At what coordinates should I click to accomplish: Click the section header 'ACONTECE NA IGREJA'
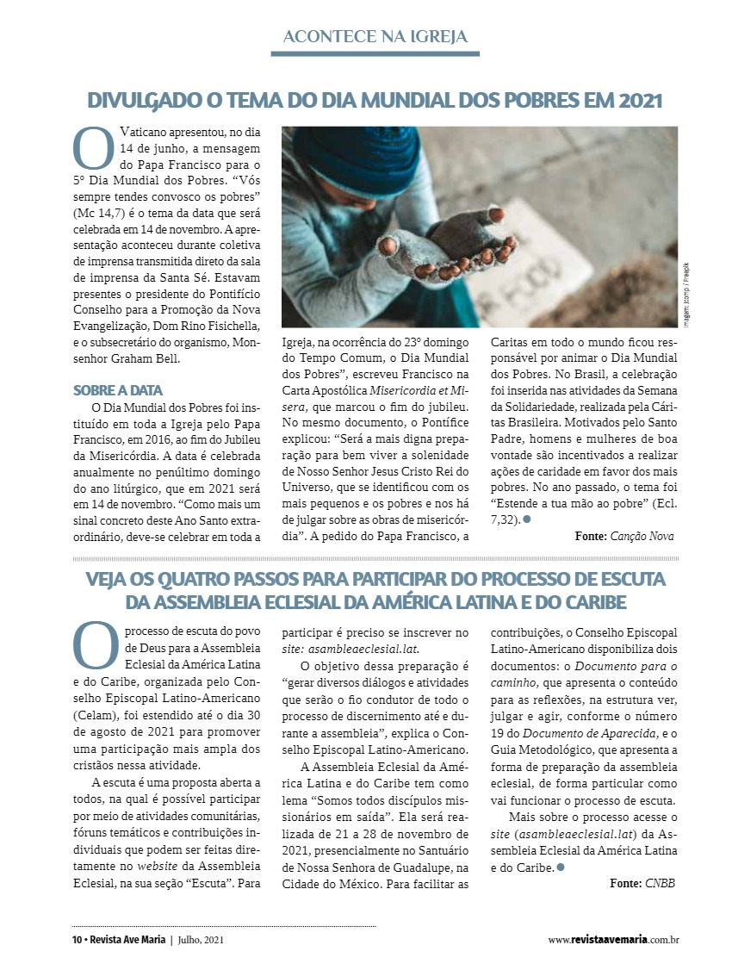[x=375, y=36]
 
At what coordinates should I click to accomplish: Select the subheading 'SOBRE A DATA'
[x=118, y=390]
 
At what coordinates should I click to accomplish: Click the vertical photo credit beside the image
[x=687, y=294]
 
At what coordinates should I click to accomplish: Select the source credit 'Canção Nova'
[x=641, y=536]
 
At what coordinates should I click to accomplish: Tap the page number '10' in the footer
[x=77, y=940]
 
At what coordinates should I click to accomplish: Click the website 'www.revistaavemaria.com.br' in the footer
[x=613, y=940]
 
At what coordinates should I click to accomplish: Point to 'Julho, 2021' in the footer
[x=203, y=940]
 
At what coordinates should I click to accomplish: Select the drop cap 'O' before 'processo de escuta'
[x=94, y=645]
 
